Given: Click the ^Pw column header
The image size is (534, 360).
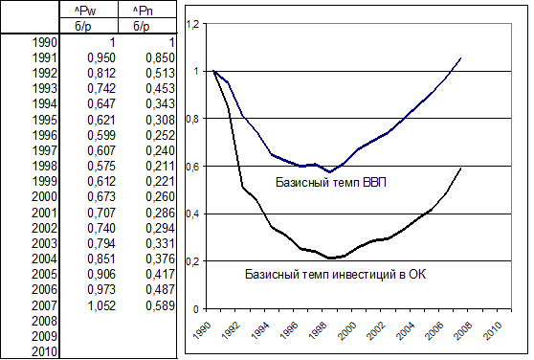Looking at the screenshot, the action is [x=85, y=11].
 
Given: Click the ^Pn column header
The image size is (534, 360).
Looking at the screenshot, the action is [x=143, y=11].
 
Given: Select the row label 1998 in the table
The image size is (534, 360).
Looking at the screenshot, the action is [x=44, y=166].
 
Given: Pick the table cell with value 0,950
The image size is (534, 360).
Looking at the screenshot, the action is [x=101, y=57].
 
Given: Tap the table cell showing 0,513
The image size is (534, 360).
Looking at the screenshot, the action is [x=160, y=73].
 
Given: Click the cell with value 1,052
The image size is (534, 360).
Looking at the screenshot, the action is [x=101, y=305].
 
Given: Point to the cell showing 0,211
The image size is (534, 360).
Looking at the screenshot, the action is [x=160, y=166].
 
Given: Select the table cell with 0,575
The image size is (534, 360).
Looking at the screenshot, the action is [x=101, y=166].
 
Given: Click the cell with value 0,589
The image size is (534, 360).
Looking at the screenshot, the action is [x=160, y=305].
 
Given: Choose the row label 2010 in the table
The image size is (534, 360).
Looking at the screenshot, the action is [x=44, y=351].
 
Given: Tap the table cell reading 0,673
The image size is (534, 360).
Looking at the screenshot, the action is [x=101, y=197].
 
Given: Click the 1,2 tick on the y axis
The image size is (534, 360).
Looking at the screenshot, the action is [x=192, y=24].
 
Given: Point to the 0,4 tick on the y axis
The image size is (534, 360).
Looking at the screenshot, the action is [x=192, y=214].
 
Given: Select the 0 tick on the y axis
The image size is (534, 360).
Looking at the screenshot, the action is [x=195, y=309].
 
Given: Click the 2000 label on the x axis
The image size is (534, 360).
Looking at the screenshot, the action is [x=348, y=330].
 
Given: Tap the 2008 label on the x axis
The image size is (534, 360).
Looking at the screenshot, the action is [x=464, y=330].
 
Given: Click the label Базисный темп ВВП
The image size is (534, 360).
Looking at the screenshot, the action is [x=331, y=183].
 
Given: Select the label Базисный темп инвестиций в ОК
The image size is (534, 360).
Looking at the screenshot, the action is [x=336, y=274].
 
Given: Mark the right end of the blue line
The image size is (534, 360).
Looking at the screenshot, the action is [x=460, y=58].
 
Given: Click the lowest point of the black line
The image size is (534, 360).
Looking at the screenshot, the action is [x=329, y=259].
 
